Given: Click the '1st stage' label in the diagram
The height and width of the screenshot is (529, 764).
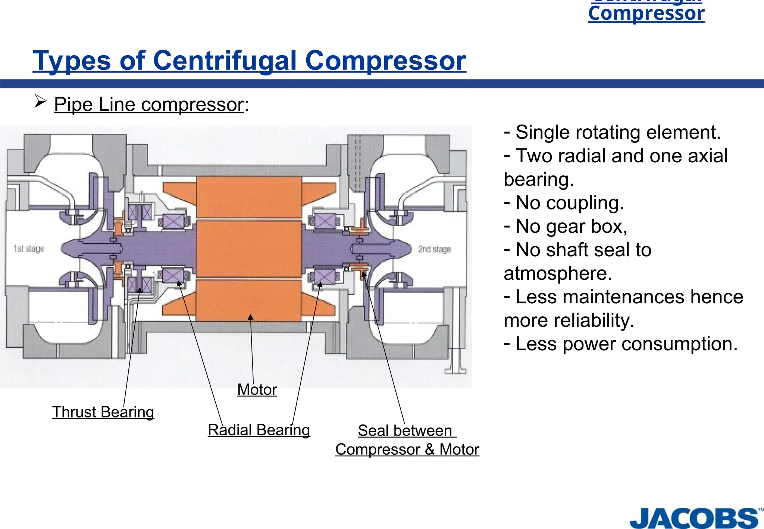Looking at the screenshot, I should (x=29, y=248).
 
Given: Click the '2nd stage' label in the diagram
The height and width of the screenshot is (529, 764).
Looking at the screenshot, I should (x=435, y=249).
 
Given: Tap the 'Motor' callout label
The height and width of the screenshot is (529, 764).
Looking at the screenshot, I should (x=257, y=389).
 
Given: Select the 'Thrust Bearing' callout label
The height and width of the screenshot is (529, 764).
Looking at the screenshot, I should (x=103, y=412).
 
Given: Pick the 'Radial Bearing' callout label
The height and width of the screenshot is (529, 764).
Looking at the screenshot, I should (x=259, y=430).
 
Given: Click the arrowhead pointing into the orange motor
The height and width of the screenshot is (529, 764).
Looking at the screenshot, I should (x=251, y=317).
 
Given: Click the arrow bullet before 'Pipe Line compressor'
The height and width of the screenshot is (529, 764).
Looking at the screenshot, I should (x=40, y=101).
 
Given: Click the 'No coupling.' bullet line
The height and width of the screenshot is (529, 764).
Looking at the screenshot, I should (x=564, y=203).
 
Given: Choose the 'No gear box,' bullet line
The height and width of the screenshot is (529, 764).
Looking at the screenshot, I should (x=566, y=226).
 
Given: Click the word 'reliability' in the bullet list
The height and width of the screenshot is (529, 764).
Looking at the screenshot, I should (x=597, y=320).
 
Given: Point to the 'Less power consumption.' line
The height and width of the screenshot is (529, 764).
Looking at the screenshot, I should (x=621, y=344).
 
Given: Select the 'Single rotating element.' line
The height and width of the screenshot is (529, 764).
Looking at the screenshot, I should (x=612, y=132).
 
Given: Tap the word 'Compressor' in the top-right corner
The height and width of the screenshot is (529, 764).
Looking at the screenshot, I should (x=646, y=13).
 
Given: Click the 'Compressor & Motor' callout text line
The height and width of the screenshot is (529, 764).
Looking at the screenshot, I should (x=407, y=449).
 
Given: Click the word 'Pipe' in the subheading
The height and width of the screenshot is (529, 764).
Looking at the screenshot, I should (x=73, y=104).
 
